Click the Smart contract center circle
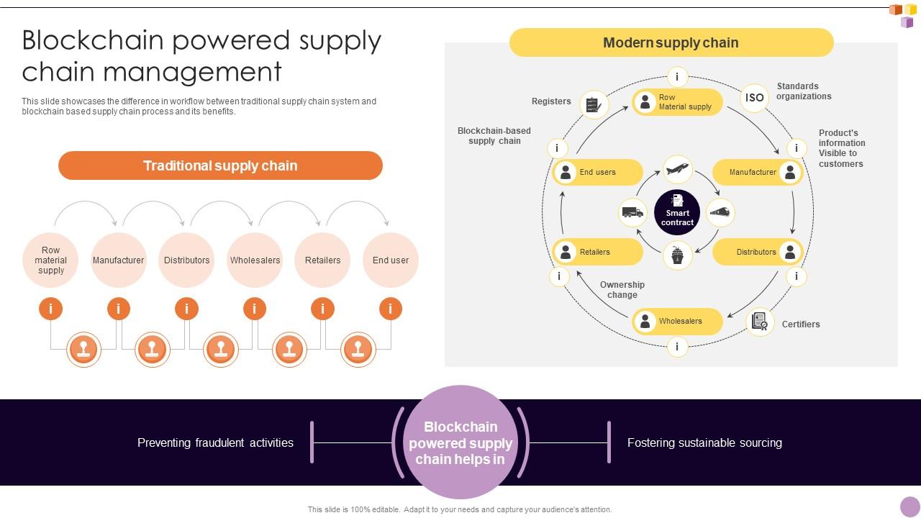[x=677, y=212]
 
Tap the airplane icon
[x=677, y=170]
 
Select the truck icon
[x=633, y=212]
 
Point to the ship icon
[x=677, y=255]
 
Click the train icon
[x=720, y=212]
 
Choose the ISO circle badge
[x=754, y=98]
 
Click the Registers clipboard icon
[x=594, y=105]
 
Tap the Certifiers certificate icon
[x=760, y=322]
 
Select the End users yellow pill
[x=598, y=173]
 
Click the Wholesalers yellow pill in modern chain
[x=677, y=322]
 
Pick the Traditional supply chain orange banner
[x=220, y=165]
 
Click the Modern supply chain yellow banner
[x=671, y=42]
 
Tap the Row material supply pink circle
[x=50, y=260]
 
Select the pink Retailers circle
[x=322, y=260]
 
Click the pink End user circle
[x=391, y=260]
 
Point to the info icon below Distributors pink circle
[x=186, y=309]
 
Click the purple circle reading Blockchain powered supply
[x=460, y=442]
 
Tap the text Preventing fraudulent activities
[x=215, y=443]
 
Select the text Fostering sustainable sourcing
[x=704, y=443]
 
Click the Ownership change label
[x=622, y=290]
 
